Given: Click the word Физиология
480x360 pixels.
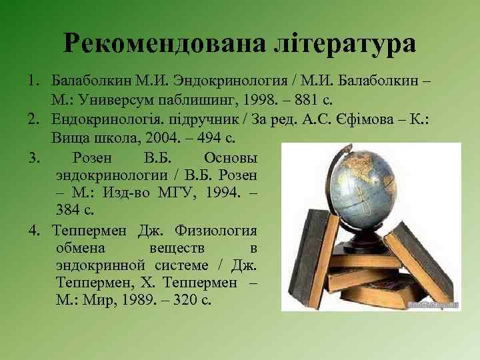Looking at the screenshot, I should coord(216,231).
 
